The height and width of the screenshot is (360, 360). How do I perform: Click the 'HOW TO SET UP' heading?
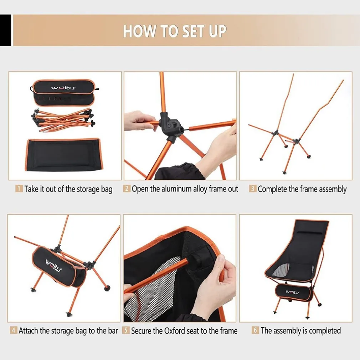coord(175,31)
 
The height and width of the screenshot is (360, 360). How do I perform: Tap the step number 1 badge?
coord(19,189)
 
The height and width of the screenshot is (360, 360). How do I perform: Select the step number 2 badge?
coord(127,188)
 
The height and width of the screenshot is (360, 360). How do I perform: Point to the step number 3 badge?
coord(253,189)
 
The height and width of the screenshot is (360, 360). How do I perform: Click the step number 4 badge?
coord(14,330)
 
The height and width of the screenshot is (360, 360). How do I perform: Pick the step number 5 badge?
coord(126,330)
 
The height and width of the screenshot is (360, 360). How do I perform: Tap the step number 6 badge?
coord(255,330)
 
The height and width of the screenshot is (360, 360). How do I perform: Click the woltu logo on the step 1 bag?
coord(63,88)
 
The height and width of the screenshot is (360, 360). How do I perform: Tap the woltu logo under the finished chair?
coord(293,292)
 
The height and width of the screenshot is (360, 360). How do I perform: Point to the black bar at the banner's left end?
coord(5,30)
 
